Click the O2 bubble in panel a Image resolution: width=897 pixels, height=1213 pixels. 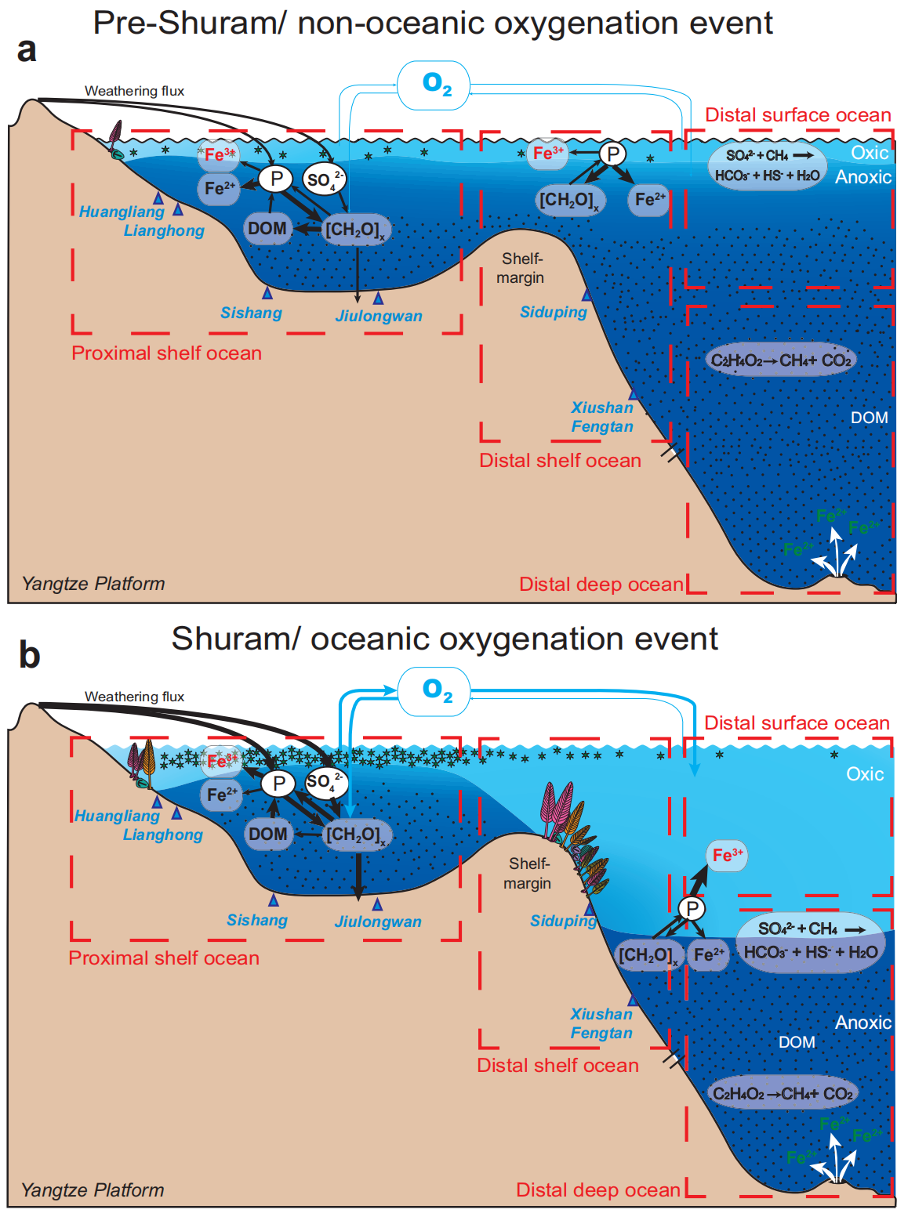pyautogui.click(x=433, y=85)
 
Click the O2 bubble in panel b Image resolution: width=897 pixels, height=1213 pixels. pyautogui.click(x=434, y=691)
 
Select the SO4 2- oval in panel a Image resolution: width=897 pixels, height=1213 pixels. pyautogui.click(x=324, y=179)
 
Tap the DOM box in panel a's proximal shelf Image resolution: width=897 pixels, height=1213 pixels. pyautogui.click(x=267, y=228)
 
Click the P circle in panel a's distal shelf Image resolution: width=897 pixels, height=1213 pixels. pyautogui.click(x=612, y=154)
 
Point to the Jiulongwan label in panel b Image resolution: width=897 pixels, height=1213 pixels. pyautogui.click(x=378, y=922)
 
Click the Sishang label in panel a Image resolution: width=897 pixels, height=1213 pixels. pyautogui.click(x=251, y=313)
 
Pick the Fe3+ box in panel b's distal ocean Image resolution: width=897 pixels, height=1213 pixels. pyautogui.click(x=727, y=856)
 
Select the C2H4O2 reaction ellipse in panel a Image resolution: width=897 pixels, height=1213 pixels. pyautogui.click(x=781, y=360)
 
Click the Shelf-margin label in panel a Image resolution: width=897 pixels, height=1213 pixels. pyautogui.click(x=521, y=268)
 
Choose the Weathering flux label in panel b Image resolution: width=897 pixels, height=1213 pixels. pyautogui.click(x=135, y=696)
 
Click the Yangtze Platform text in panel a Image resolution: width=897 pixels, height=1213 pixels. pyautogui.click(x=93, y=584)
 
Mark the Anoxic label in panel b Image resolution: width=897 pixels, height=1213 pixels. pyautogui.click(x=863, y=1022)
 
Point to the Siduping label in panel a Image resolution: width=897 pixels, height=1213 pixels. pyautogui.click(x=554, y=312)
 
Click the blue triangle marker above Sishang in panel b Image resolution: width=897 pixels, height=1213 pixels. pyautogui.click(x=274, y=900)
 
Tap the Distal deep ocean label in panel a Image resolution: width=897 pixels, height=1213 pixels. pyautogui.click(x=601, y=584)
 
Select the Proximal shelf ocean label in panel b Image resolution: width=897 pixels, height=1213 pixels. pyautogui.click(x=164, y=958)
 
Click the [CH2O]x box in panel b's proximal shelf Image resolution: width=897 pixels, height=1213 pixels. pyautogui.click(x=357, y=835)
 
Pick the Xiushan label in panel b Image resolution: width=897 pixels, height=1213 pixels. pyautogui.click(x=601, y=1014)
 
